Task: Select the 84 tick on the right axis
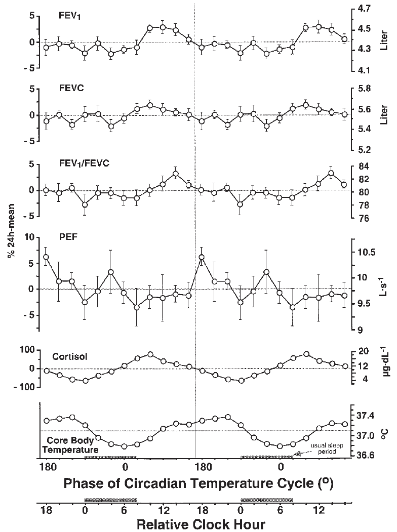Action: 363,166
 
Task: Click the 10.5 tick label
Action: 366,253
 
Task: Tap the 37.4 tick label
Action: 366,415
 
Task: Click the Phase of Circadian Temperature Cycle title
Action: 199,483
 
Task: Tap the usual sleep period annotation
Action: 323,449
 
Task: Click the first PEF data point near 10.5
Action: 46,257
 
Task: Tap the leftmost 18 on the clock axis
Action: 46,510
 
